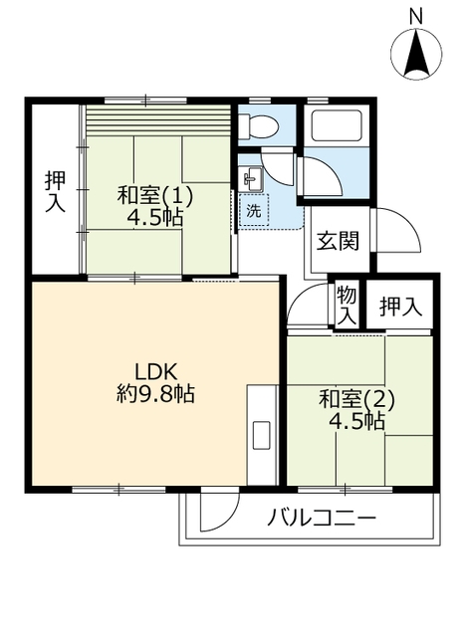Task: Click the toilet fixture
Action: (x=258, y=125)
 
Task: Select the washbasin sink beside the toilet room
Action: (x=252, y=179)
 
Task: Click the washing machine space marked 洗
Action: (x=254, y=210)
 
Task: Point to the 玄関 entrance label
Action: (x=339, y=241)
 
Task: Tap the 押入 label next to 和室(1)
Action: (x=56, y=191)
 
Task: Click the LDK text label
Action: (x=156, y=371)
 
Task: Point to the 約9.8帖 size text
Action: (x=156, y=393)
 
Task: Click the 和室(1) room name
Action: (x=155, y=196)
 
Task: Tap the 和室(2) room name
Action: (x=356, y=399)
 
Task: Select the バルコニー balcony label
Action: (x=322, y=519)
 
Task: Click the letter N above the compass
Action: (x=415, y=16)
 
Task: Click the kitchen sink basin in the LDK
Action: (x=261, y=435)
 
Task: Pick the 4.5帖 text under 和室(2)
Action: (x=356, y=421)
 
